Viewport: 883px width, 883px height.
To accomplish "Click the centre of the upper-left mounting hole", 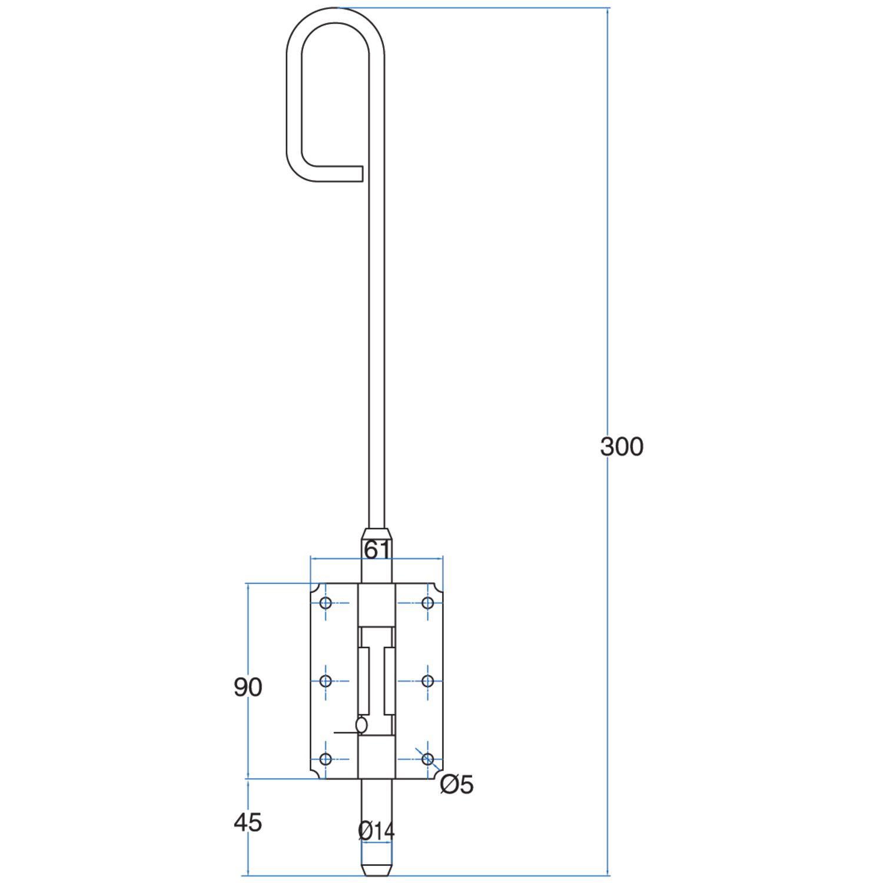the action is (x=326, y=603).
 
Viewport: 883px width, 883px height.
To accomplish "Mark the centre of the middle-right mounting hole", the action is (x=428, y=681).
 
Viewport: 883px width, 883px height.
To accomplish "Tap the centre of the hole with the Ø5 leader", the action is (x=428, y=759).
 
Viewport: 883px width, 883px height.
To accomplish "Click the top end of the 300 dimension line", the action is (x=608, y=8).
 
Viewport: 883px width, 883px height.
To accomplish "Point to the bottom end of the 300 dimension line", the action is (x=608, y=875).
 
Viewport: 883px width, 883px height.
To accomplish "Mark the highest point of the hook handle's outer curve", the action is (x=336, y=8).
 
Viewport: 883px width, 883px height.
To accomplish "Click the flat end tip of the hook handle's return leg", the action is (x=362, y=174).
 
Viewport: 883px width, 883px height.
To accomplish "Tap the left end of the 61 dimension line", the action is (x=311, y=558).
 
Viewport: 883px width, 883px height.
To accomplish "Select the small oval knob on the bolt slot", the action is (x=361, y=725).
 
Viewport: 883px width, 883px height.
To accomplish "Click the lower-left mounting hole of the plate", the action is (x=326, y=759).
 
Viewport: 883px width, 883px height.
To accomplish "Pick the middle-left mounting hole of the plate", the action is (x=326, y=681).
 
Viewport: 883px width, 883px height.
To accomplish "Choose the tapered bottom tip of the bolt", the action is (x=377, y=870).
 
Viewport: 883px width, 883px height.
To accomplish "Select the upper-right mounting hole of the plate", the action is (x=428, y=603).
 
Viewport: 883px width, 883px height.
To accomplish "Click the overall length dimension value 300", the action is (x=622, y=447).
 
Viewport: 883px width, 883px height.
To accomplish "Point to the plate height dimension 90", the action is (x=248, y=687).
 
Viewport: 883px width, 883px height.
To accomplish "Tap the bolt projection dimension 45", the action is (x=248, y=822).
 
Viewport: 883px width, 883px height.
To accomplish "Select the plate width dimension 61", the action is (x=377, y=550).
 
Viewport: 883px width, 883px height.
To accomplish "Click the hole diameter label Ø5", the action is (x=457, y=784).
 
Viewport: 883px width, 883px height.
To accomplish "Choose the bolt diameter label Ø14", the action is (x=376, y=831).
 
